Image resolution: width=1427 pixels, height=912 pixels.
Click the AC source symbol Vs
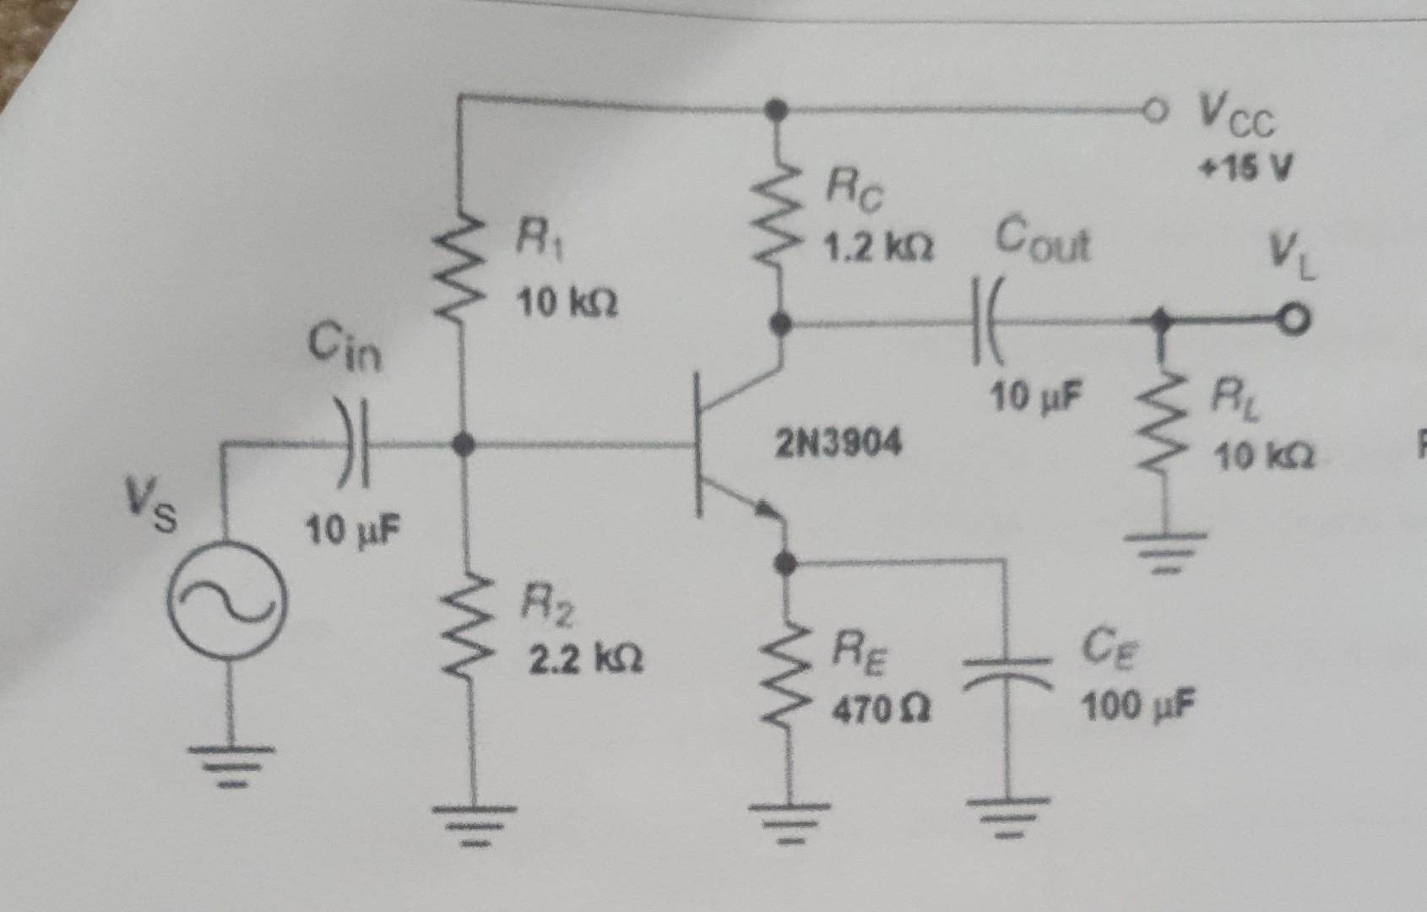(x=227, y=602)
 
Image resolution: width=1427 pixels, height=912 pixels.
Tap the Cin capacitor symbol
(x=354, y=442)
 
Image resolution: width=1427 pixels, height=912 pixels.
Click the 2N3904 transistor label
(x=838, y=442)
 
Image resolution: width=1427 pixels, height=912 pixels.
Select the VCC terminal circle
(x=1155, y=110)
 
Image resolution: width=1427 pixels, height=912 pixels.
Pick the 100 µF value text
(x=1137, y=705)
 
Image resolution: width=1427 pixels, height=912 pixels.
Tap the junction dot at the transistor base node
(x=463, y=443)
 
